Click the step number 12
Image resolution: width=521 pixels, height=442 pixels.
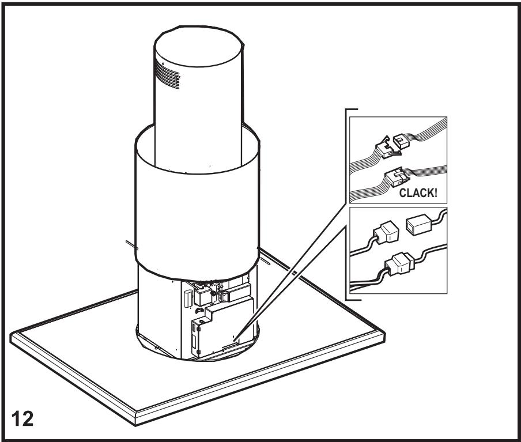tap(22, 419)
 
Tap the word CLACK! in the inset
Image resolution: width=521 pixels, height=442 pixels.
tap(418, 192)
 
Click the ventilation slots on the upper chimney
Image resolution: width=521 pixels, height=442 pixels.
tap(168, 75)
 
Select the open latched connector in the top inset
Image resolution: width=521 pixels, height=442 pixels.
tap(387, 148)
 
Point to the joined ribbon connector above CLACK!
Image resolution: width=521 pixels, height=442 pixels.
tap(397, 176)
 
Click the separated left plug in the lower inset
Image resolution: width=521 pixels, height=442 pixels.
tap(386, 232)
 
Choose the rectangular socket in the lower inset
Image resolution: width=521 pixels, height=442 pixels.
tap(418, 226)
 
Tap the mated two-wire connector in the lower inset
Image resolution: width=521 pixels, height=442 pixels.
tap(400, 263)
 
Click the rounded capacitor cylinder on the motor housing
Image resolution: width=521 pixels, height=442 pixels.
tap(188, 299)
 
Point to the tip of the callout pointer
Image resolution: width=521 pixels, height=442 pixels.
tap(234, 340)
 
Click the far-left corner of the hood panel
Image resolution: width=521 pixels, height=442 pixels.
tap(11, 335)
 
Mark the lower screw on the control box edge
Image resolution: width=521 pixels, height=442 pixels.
tap(199, 352)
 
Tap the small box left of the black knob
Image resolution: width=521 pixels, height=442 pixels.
tap(202, 297)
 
